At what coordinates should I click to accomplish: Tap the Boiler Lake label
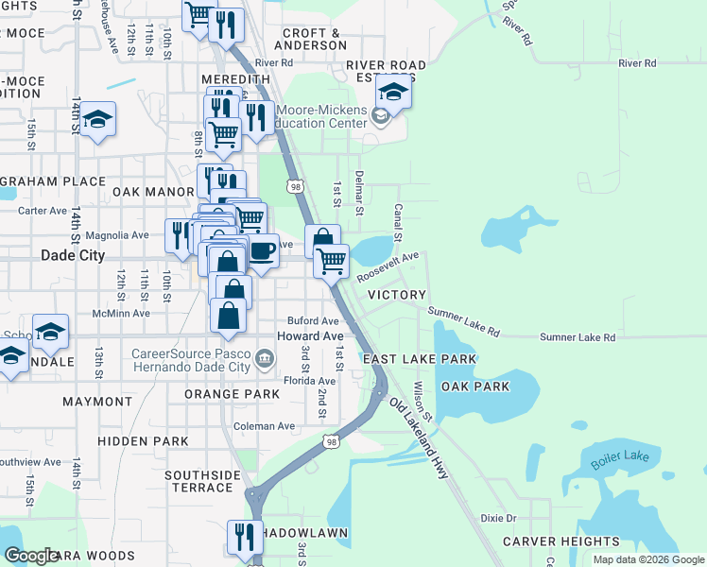click(x=621, y=460)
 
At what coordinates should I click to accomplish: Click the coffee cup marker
click(x=262, y=251)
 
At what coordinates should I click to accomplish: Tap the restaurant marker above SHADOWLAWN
click(x=245, y=537)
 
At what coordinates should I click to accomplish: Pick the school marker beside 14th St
click(x=97, y=120)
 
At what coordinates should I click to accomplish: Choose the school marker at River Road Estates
click(x=393, y=92)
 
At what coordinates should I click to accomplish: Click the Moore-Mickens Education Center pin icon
click(x=381, y=117)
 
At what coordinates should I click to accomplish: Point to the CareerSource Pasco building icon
click(x=265, y=358)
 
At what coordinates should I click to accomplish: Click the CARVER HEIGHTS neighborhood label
click(x=561, y=541)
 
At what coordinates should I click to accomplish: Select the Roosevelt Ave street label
click(x=388, y=266)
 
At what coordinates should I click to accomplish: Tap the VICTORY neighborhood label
click(x=396, y=295)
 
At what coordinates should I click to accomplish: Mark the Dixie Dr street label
click(x=498, y=518)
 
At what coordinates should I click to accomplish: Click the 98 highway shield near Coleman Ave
click(x=330, y=440)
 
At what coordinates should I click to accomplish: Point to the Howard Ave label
click(x=309, y=336)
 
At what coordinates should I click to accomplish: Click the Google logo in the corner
click(x=31, y=556)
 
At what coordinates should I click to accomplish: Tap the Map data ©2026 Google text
click(x=647, y=559)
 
